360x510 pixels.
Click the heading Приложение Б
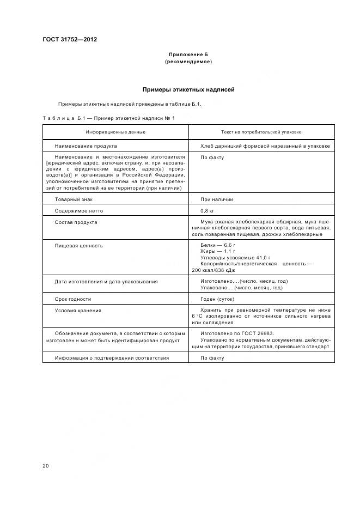188,55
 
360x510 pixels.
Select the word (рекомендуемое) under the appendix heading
188,62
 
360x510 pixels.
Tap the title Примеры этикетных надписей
188,89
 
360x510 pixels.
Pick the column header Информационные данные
115,132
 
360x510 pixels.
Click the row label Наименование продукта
86,146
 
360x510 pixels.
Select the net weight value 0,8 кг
208,211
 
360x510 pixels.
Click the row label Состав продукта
76,222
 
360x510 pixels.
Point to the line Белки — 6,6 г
217,246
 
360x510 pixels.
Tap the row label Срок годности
73,299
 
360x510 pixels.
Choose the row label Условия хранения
78,311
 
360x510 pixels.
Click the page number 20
46,466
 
